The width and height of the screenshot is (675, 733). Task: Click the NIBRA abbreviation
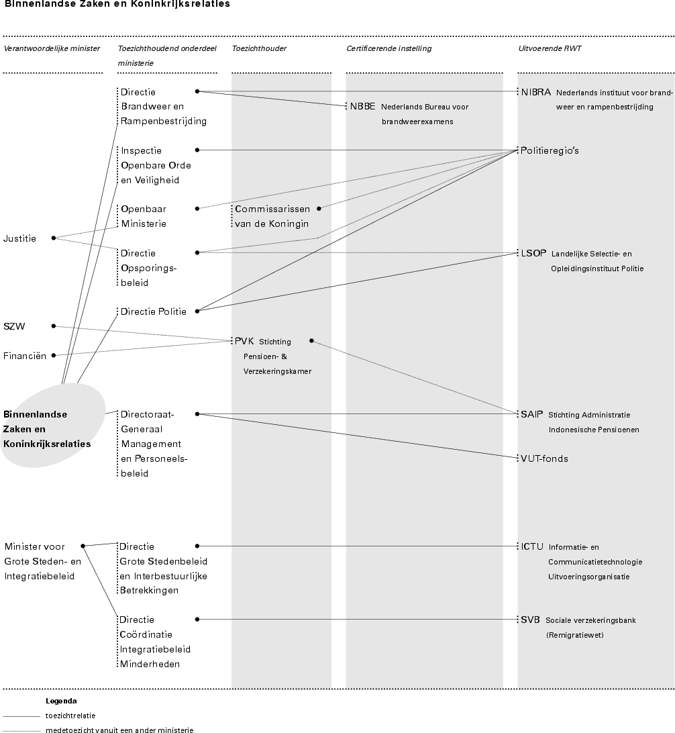click(536, 92)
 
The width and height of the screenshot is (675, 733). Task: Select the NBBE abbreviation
click(363, 107)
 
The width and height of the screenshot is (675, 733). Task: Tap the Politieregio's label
click(550, 151)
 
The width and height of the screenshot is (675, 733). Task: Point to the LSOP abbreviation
click(534, 254)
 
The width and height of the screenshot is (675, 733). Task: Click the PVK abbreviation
click(244, 341)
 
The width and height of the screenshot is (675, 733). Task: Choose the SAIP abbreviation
click(532, 414)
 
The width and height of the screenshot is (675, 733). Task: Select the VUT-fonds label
click(544, 458)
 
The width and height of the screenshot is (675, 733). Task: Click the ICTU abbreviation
click(533, 546)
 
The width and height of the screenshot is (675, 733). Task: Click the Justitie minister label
click(20, 238)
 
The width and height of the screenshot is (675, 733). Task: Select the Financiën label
click(25, 356)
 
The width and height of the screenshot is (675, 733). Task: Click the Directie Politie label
click(154, 311)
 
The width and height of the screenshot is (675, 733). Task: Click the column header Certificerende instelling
click(388, 48)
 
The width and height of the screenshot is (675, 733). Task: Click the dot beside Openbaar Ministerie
click(197, 209)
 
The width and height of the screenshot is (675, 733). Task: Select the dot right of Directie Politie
click(197, 311)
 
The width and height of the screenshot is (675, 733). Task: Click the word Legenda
click(61, 701)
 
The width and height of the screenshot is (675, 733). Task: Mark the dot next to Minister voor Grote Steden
click(83, 546)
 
